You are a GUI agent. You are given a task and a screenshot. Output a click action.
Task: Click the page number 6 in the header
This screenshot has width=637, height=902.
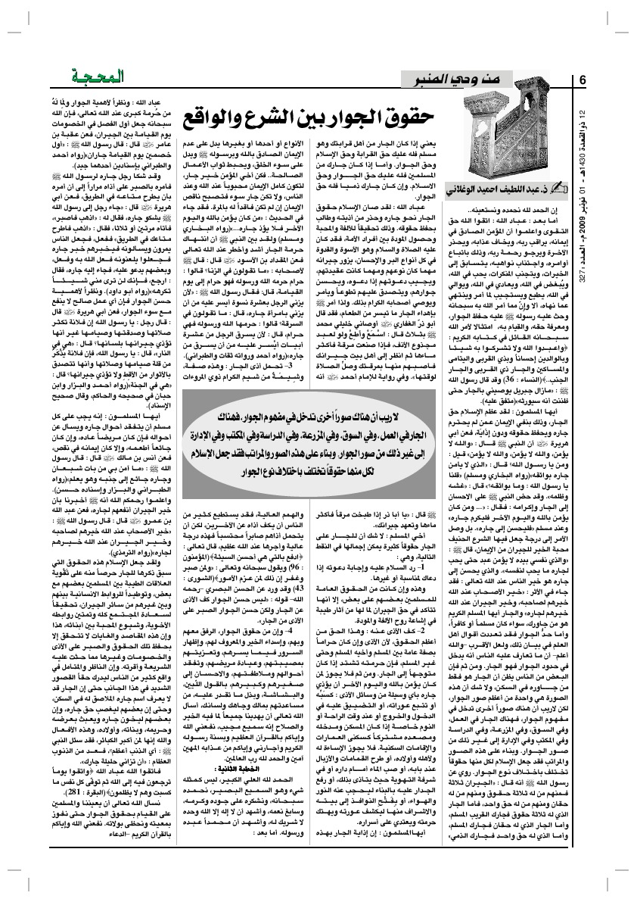coord(583,81)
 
